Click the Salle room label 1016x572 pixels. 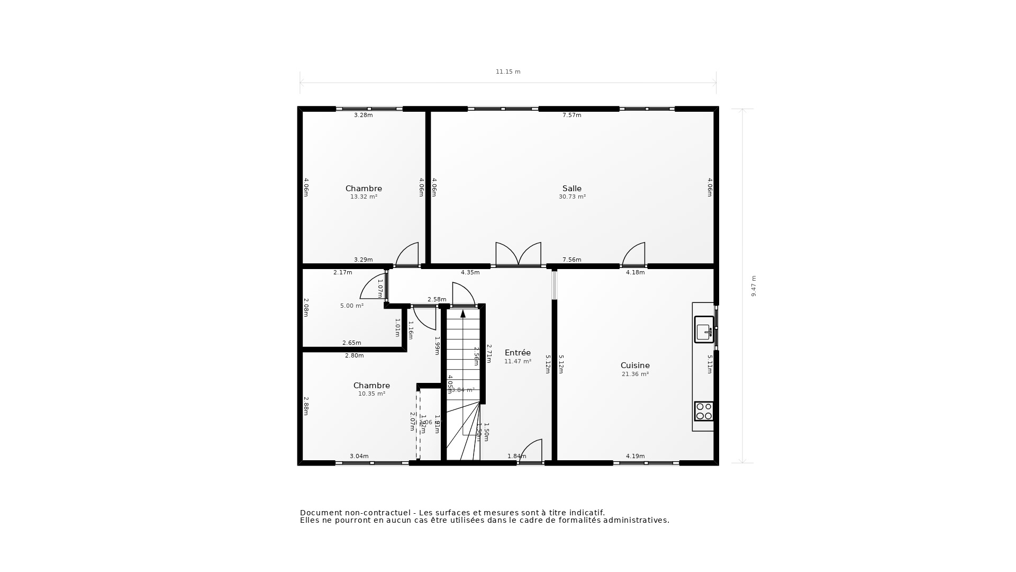(x=571, y=189)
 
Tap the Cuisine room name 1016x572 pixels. (x=634, y=365)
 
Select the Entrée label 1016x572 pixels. (x=517, y=353)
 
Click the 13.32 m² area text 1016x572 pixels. (x=364, y=197)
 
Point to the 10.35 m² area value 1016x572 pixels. (x=371, y=394)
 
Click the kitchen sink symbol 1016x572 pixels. (x=704, y=330)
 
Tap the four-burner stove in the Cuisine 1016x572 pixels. (x=704, y=411)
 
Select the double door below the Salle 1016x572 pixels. (x=518, y=255)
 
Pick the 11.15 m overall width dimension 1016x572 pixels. (x=508, y=72)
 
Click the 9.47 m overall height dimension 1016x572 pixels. (x=754, y=286)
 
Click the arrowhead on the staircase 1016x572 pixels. (x=463, y=314)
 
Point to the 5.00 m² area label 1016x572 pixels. (x=351, y=306)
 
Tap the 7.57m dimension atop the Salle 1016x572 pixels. (x=571, y=115)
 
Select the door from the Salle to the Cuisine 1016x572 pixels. (x=634, y=256)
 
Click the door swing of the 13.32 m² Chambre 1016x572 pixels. (x=407, y=256)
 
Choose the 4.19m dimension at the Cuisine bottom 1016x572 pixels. (x=635, y=457)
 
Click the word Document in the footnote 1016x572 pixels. (x=321, y=513)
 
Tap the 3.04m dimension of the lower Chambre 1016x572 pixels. (x=359, y=457)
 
